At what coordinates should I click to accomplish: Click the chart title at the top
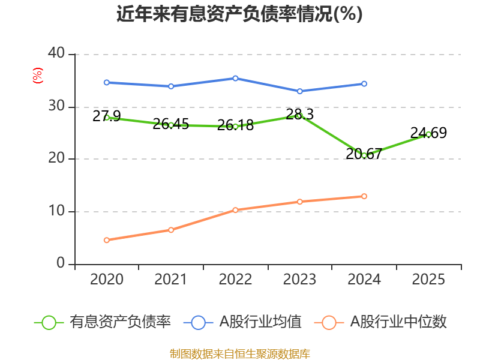click(x=239, y=13)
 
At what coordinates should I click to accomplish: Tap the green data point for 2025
click(x=428, y=134)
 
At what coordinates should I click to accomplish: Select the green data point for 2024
click(x=364, y=155)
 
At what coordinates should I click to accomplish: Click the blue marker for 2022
click(x=235, y=79)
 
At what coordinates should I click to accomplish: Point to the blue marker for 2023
click(x=299, y=91)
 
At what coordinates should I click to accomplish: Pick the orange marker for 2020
click(x=107, y=240)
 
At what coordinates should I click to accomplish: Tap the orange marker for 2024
click(x=364, y=196)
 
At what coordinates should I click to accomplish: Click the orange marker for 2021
click(x=171, y=230)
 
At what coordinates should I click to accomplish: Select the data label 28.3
click(x=299, y=114)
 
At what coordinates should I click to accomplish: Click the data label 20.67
click(x=364, y=154)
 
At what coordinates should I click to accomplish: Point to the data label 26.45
click(x=171, y=124)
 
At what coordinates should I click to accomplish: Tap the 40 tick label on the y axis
click(x=56, y=53)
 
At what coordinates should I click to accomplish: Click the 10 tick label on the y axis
click(x=56, y=211)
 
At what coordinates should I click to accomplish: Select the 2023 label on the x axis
click(x=299, y=279)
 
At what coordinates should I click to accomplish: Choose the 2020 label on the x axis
click(x=107, y=279)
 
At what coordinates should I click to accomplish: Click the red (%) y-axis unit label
click(x=38, y=76)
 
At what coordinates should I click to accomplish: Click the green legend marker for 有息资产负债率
click(x=49, y=323)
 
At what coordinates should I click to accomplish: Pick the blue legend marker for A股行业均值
click(x=198, y=323)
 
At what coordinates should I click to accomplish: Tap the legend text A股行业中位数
click(x=398, y=322)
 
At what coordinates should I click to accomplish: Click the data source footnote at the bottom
click(x=240, y=354)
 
